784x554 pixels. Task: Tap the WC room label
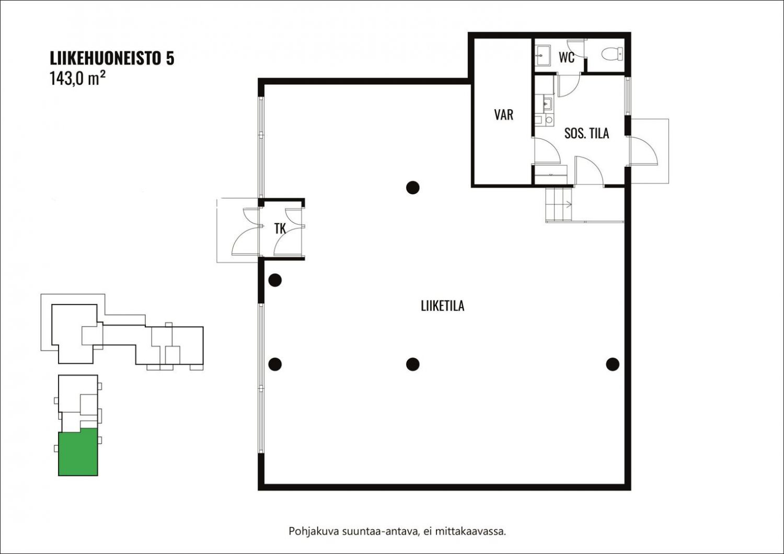tap(566, 57)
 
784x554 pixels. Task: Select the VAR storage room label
tap(504, 115)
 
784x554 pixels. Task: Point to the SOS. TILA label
tap(586, 133)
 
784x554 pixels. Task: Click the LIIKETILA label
tap(442, 306)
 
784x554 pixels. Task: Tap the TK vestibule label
tap(280, 229)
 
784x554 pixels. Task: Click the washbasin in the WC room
tap(543, 55)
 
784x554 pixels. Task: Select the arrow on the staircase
tap(568, 204)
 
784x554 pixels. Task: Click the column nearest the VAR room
tap(413, 188)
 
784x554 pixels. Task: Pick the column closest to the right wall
tap(613, 364)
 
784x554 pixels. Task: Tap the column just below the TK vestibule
tap(275, 280)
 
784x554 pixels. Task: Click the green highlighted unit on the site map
tap(78, 452)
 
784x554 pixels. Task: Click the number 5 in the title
tap(170, 59)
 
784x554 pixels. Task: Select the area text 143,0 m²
tap(77, 79)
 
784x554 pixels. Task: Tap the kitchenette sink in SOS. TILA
tap(547, 103)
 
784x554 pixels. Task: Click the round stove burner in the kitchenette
tap(549, 120)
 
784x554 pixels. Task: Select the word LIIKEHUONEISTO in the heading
tap(105, 59)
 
